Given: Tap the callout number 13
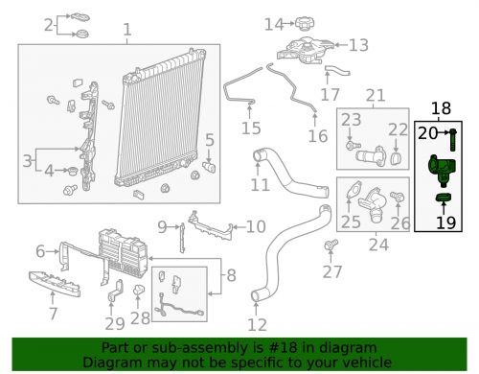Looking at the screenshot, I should coord(358,44).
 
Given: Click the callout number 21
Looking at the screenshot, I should coord(375,95).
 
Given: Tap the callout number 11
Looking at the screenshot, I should coord(260,183).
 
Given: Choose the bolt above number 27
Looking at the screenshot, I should coord(331,247).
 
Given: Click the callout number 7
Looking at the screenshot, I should coord(53,312).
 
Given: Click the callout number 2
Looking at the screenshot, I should coord(47,25).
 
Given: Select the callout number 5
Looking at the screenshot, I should coord(209,140).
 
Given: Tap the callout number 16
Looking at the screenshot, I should coord(317,136).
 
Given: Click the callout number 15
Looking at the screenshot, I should coord(250,129).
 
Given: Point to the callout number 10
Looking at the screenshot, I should coord(255,226).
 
